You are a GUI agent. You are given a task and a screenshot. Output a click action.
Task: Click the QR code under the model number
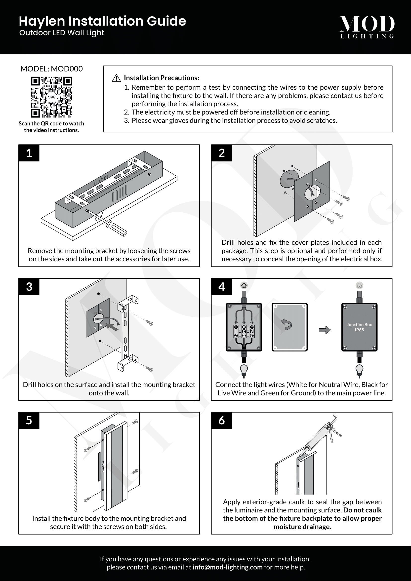coord(51,97)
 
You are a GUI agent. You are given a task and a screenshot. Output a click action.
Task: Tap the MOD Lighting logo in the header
coord(367,27)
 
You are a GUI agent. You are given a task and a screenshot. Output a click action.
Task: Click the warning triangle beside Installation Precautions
coord(116,78)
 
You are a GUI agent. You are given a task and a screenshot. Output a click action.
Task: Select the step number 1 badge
coord(29,153)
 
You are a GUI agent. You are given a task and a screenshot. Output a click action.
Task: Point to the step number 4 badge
coord(221,287)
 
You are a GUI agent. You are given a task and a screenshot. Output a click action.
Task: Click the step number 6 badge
coord(221,420)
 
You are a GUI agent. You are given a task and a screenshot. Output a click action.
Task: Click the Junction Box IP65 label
coord(359,327)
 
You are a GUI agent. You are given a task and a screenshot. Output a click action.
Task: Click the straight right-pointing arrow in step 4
coord(325,330)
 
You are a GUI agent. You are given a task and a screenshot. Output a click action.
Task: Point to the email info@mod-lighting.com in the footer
coord(227,567)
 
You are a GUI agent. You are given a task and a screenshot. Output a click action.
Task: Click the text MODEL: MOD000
coord(51,69)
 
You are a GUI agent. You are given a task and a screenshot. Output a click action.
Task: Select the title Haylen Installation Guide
coord(102,21)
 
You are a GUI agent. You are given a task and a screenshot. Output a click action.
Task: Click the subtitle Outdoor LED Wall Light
coord(62,33)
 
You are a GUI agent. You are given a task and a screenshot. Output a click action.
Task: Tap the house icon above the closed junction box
coord(359,285)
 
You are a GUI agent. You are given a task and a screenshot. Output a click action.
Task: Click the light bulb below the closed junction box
coord(359,370)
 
